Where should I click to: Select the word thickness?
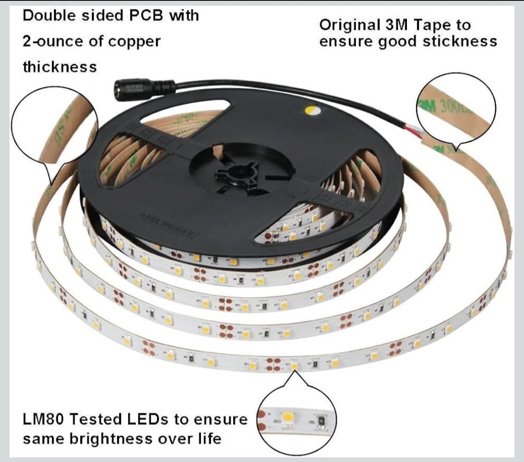tap(60, 67)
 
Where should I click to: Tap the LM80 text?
tap(44, 419)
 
